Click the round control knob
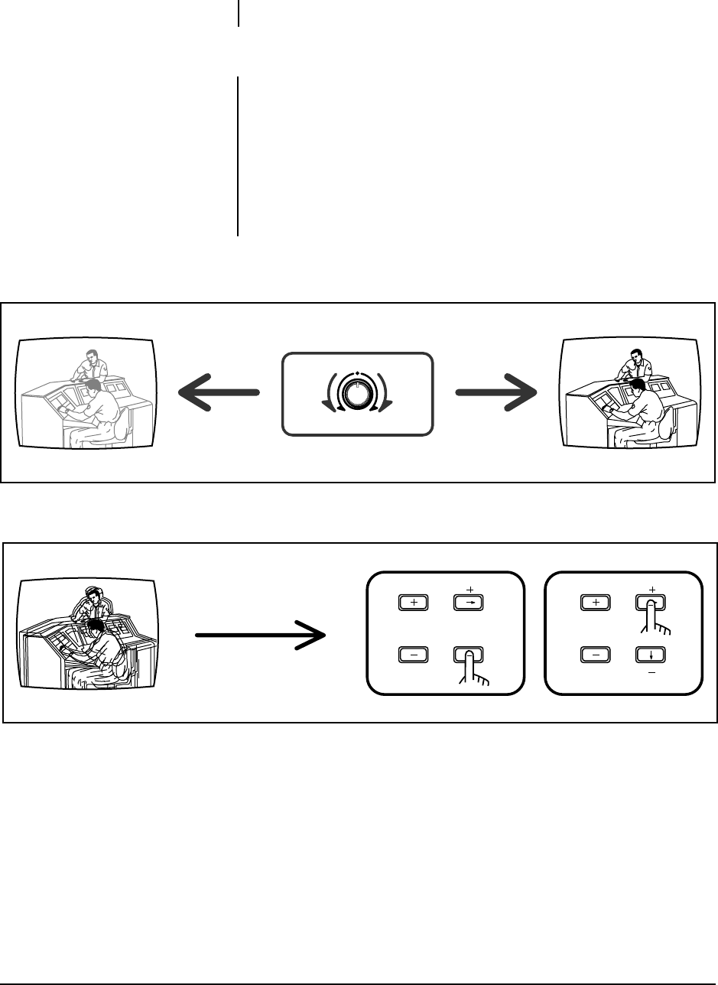[356, 393]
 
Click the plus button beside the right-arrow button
[414, 602]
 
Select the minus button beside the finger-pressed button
[414, 655]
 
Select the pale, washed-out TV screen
[86, 392]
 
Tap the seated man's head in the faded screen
[93, 387]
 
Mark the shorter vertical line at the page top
[239, 13]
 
